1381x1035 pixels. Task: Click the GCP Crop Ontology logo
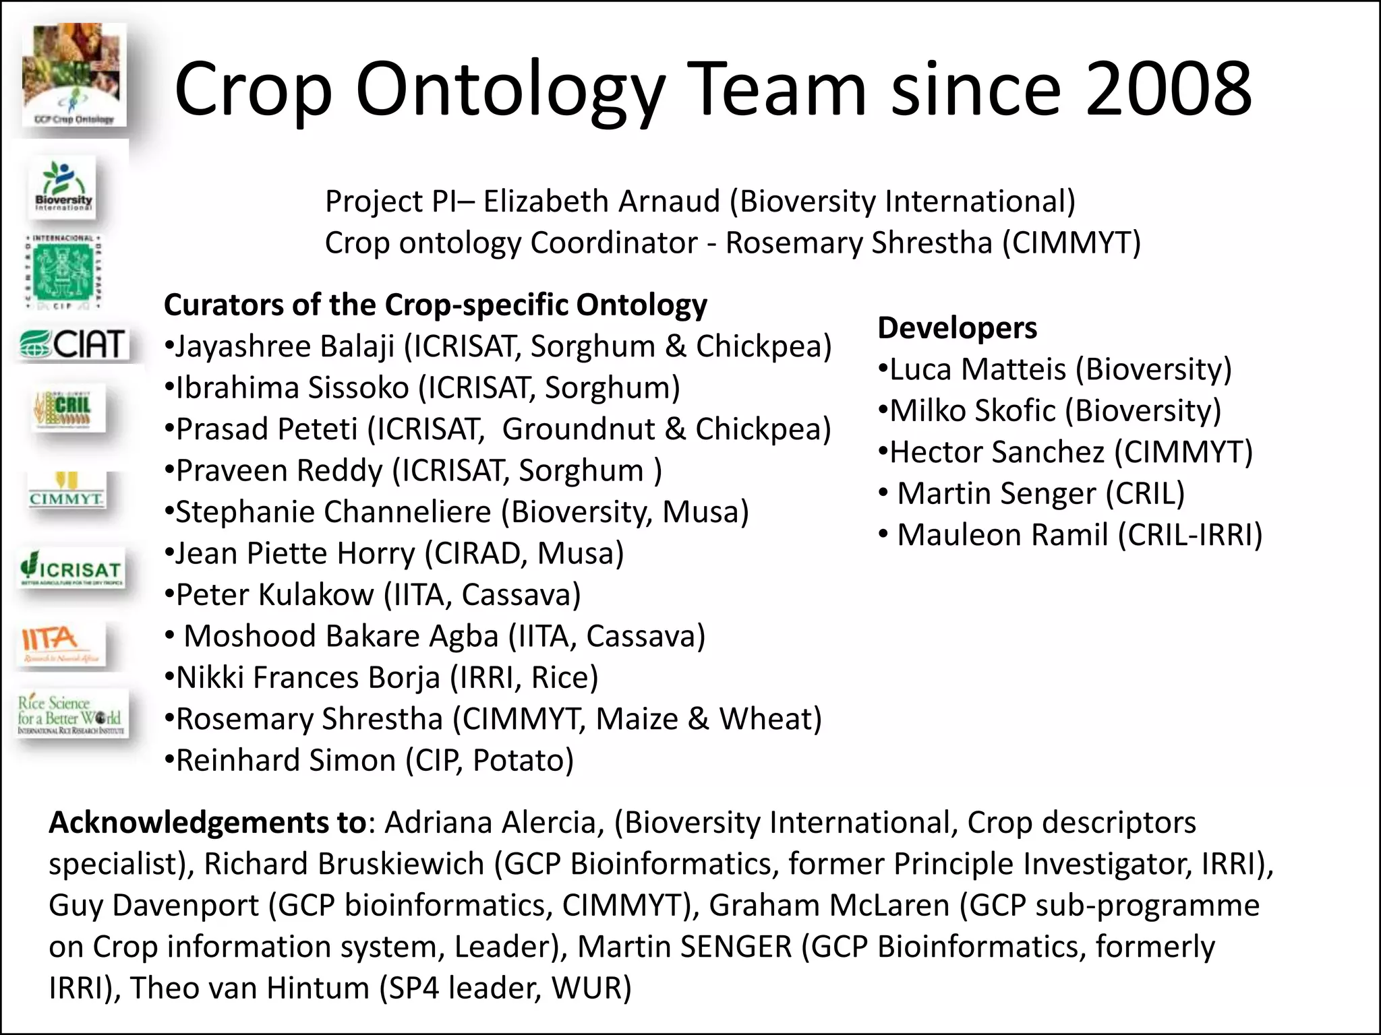pyautogui.click(x=74, y=74)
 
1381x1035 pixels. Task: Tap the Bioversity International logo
pyautogui.click(x=64, y=187)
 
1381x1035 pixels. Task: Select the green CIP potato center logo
pyautogui.click(x=63, y=272)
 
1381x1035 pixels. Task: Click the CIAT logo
pyautogui.click(x=72, y=344)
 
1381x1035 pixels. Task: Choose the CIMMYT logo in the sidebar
pyautogui.click(x=66, y=490)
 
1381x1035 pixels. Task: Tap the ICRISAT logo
pyautogui.click(x=71, y=570)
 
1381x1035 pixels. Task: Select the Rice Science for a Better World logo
pyautogui.click(x=71, y=714)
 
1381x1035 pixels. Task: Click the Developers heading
pyautogui.click(x=957, y=328)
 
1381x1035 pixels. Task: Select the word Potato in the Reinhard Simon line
pyautogui.click(x=523, y=760)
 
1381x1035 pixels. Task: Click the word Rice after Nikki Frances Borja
pyautogui.click(x=564, y=677)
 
